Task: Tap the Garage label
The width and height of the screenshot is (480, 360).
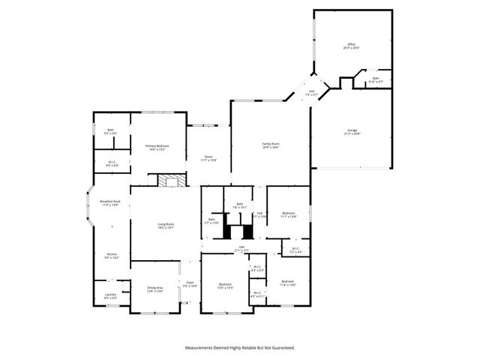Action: pos(352,132)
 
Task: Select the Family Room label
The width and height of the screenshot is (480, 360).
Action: pos(270,145)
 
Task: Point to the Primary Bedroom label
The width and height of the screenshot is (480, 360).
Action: pos(157,147)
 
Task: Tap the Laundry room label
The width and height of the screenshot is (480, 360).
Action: pos(110,296)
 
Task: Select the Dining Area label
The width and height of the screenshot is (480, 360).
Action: pos(155,289)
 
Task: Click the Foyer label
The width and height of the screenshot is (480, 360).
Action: pos(190,284)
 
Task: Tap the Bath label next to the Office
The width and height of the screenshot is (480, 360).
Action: pos(376,79)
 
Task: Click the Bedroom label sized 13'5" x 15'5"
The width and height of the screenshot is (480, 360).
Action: pos(226,286)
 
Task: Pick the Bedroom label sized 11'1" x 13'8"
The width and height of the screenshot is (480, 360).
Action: pos(289,214)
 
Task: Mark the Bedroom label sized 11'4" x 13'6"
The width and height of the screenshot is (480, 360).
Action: pos(287,283)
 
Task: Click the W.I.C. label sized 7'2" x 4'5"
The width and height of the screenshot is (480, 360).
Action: pos(295,250)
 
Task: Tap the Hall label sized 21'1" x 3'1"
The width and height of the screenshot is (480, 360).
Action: pos(241,247)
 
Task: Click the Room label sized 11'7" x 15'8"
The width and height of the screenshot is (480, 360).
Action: pos(208,157)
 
